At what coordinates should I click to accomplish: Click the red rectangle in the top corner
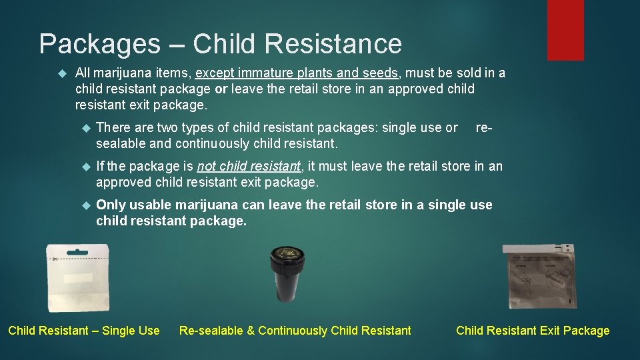tap(565, 29)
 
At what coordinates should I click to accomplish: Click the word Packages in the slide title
tap(99, 44)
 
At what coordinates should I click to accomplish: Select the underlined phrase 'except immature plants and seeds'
tap(297, 73)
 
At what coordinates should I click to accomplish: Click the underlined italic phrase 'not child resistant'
tap(249, 166)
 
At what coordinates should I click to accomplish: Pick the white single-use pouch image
tap(77, 277)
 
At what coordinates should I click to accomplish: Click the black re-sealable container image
tap(287, 273)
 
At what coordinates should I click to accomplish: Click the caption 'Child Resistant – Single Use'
tap(84, 331)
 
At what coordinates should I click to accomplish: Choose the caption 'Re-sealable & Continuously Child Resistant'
tap(295, 331)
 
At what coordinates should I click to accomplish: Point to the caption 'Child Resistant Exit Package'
tap(533, 331)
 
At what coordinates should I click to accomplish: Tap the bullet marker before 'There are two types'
tap(84, 127)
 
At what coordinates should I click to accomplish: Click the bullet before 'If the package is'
tap(84, 166)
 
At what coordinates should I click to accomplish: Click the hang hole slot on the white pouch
tap(77, 253)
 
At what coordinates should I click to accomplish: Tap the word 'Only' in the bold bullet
tap(111, 205)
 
